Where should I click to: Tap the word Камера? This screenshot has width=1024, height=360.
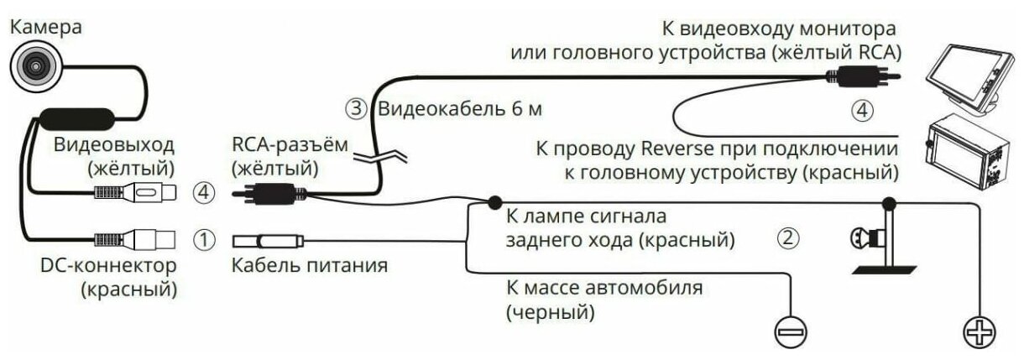pyautogui.click(x=46, y=26)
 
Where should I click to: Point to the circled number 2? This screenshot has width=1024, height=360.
pyautogui.click(x=786, y=238)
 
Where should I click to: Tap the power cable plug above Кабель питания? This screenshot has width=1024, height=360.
pyautogui.click(x=269, y=242)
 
